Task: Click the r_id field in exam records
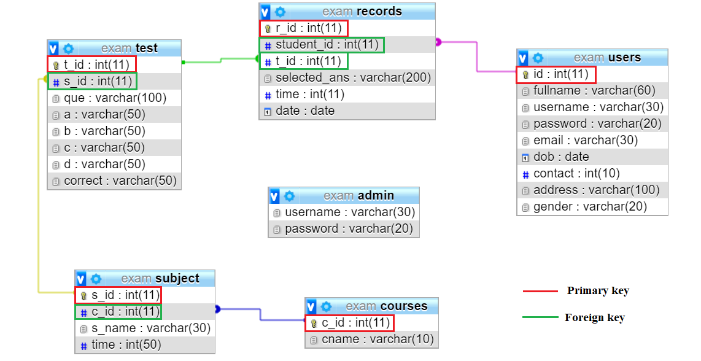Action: point(308,28)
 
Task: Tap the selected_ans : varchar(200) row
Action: point(353,78)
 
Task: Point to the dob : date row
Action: point(561,157)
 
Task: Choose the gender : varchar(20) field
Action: point(590,207)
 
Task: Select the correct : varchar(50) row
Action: point(120,181)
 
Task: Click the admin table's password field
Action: point(350,229)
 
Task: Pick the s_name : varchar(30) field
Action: point(150,328)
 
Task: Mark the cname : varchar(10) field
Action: point(378,340)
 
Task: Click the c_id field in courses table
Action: point(356,323)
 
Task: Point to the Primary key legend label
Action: point(598,291)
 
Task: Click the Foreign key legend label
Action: point(594,318)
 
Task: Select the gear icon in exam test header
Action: point(68,49)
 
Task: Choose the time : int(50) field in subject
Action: point(126,345)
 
